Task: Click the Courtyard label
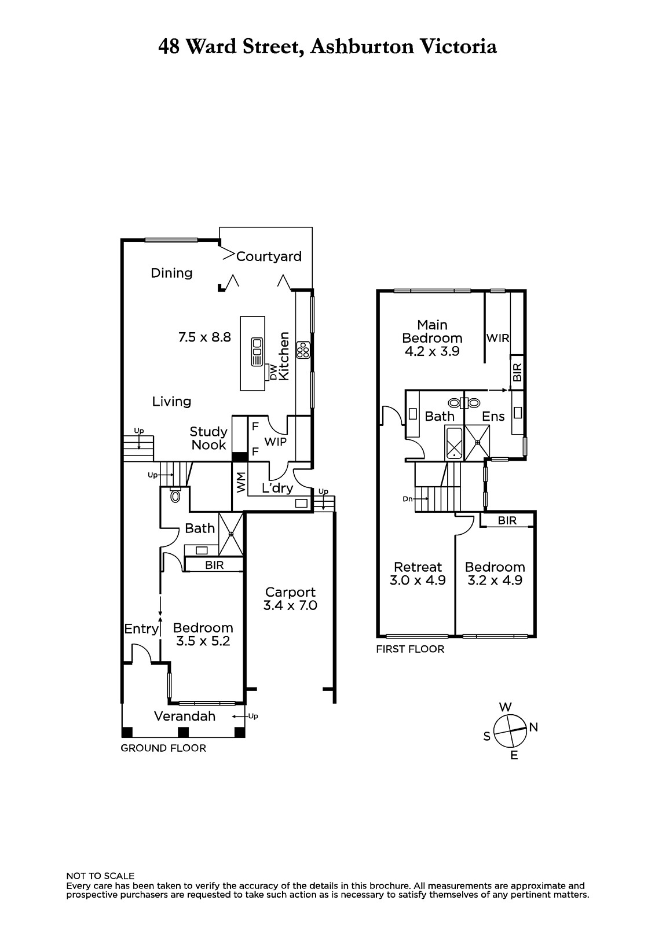point(269,257)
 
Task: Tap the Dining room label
point(171,273)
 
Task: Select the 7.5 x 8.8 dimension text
point(204,337)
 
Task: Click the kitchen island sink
point(257,352)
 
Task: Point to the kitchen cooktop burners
point(303,350)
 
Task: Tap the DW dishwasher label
point(273,373)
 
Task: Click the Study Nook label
point(208,438)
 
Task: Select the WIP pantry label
point(275,442)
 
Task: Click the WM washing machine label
point(240,483)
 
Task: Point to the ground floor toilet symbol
point(175,495)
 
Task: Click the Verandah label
point(185,716)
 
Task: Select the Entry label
point(141,629)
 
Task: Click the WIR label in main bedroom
point(498,338)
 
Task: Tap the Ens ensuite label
point(493,416)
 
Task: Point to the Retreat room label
point(418,567)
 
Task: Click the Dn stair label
point(408,499)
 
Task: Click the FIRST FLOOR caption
point(410,649)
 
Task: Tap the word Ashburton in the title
point(362,46)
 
